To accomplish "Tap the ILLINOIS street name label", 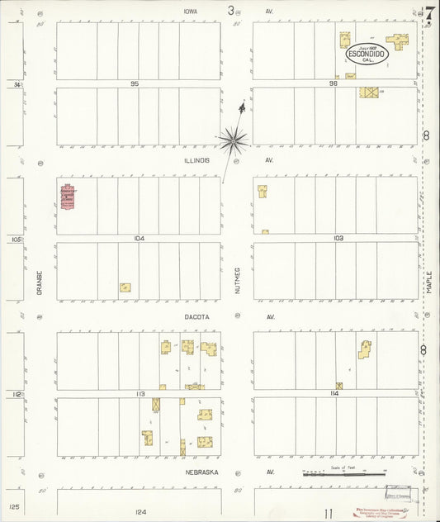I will [198, 160].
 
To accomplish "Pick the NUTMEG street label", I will [236, 281].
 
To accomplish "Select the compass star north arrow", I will [234, 140].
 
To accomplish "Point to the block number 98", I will [334, 83].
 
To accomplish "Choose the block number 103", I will [338, 238].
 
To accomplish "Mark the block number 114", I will [334, 393].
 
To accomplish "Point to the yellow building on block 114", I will [364, 349].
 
